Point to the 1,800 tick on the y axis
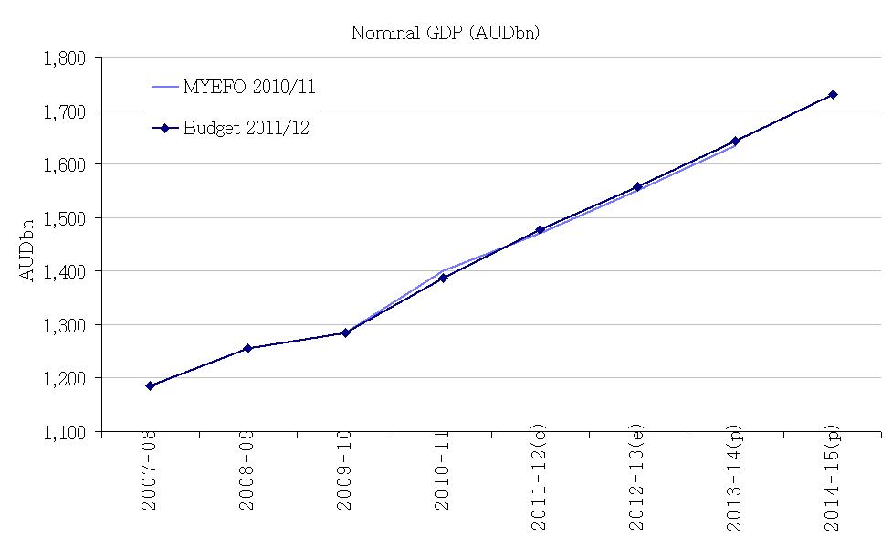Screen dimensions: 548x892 pyautogui.click(x=64, y=58)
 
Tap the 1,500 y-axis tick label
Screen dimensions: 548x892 pyautogui.click(x=64, y=218)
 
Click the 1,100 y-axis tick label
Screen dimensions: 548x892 pyautogui.click(x=64, y=432)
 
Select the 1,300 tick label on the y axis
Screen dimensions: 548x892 pyautogui.click(x=64, y=325)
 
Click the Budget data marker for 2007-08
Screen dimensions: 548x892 pyautogui.click(x=150, y=385)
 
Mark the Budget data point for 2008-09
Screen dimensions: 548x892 pyautogui.click(x=247, y=348)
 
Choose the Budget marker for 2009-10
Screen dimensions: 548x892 pyautogui.click(x=345, y=332)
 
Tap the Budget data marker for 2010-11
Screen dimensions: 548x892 pyautogui.click(x=443, y=278)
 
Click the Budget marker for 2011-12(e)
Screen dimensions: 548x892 pyautogui.click(x=540, y=229)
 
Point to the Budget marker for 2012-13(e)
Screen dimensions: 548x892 pyautogui.click(x=637, y=186)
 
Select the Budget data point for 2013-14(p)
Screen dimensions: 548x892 pyautogui.click(x=735, y=141)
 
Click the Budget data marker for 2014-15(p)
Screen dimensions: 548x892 pyautogui.click(x=833, y=94)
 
